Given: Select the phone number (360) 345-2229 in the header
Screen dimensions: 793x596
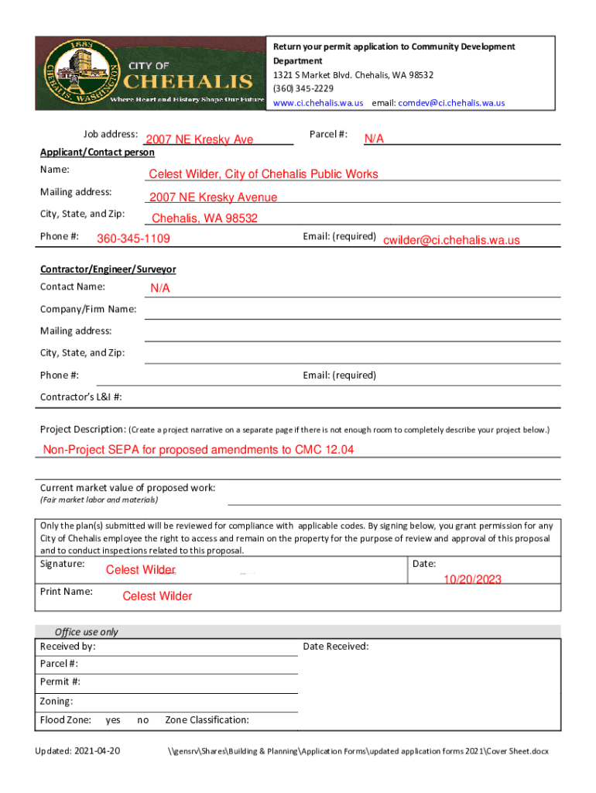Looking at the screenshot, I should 303,89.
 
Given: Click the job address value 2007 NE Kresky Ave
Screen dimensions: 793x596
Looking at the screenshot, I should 200,139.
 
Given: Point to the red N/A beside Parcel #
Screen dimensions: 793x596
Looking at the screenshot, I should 375,139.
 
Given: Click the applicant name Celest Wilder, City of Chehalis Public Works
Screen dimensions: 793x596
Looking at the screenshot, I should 263,174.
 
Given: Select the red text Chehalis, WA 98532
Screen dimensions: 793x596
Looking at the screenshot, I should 204,218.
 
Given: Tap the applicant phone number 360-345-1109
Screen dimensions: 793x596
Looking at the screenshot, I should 133,239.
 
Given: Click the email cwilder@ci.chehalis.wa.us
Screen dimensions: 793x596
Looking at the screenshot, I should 451,241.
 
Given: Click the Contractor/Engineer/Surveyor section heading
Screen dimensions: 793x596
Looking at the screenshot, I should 108,269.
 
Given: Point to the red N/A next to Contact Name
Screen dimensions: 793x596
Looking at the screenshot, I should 160,289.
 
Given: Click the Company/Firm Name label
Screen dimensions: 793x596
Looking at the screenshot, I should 88,310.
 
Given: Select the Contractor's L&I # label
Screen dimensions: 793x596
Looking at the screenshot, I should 80,397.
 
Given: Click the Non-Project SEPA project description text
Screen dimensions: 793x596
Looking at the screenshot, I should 198,450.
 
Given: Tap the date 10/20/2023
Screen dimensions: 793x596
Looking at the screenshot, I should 472,579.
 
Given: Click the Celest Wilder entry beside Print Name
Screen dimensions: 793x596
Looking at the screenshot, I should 157,596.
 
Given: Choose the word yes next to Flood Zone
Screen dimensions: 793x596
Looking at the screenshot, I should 113,720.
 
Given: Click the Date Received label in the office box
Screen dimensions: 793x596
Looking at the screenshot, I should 336,647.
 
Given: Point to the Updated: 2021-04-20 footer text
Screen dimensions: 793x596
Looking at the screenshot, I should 77,752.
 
